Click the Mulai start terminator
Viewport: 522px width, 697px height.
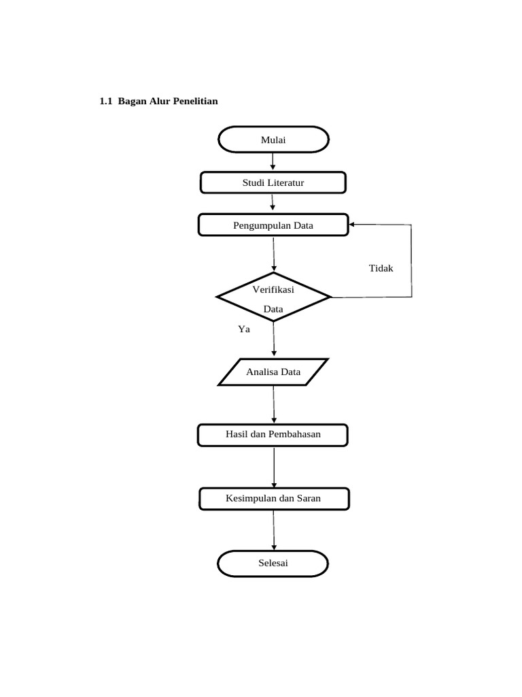pyautogui.click(x=273, y=140)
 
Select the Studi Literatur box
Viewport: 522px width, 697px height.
pyautogui.click(x=273, y=182)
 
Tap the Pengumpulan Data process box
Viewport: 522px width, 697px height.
pyautogui.click(x=273, y=225)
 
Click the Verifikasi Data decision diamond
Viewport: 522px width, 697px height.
pyautogui.click(x=273, y=297)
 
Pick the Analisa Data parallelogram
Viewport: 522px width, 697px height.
pyautogui.click(x=273, y=372)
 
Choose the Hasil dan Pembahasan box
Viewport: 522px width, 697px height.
pyautogui.click(x=273, y=435)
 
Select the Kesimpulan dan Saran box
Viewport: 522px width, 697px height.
pyautogui.click(x=273, y=499)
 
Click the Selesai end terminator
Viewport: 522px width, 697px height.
pyautogui.click(x=273, y=564)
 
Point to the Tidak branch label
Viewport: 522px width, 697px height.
pyautogui.click(x=381, y=268)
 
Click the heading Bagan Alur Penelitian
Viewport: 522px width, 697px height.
pyautogui.click(x=168, y=101)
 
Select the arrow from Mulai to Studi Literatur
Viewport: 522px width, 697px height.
pyautogui.click(x=273, y=161)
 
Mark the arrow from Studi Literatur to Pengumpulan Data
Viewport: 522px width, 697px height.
pyautogui.click(x=273, y=203)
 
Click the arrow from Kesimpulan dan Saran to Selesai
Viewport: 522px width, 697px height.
pyautogui.click(x=274, y=530)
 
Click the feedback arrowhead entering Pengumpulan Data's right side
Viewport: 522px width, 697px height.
pyautogui.click(x=353, y=224)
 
